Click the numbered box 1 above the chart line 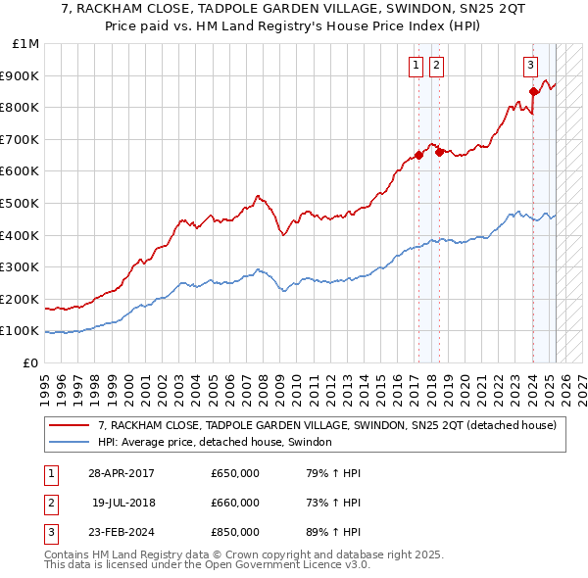(416, 66)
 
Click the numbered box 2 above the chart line (435, 66)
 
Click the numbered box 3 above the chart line (530, 66)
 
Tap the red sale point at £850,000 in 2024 (533, 92)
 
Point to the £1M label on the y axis (26, 44)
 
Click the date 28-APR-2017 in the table (122, 473)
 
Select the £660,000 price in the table (235, 503)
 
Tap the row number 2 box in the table (49, 503)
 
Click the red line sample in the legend (69, 425)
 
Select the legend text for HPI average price (215, 442)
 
